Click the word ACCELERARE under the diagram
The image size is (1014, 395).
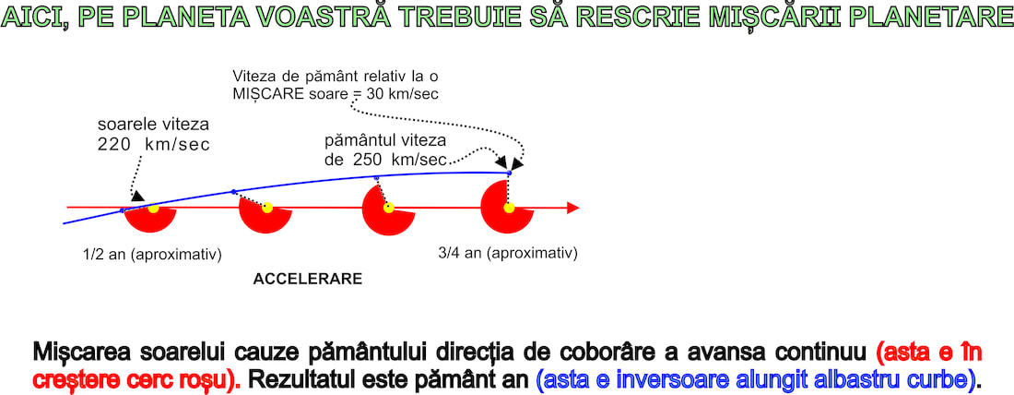[x=307, y=280]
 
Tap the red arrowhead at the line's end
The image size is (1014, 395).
[x=572, y=208]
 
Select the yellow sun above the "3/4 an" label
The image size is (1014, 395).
[x=509, y=208]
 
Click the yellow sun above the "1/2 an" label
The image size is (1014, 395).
[x=153, y=208]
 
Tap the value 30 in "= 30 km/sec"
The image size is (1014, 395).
[x=373, y=93]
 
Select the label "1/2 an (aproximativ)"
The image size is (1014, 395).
[x=153, y=254]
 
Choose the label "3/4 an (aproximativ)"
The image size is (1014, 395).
[x=508, y=253]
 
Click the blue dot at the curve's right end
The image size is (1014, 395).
[x=509, y=173]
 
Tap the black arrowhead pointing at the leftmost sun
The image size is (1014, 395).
[x=137, y=197]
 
